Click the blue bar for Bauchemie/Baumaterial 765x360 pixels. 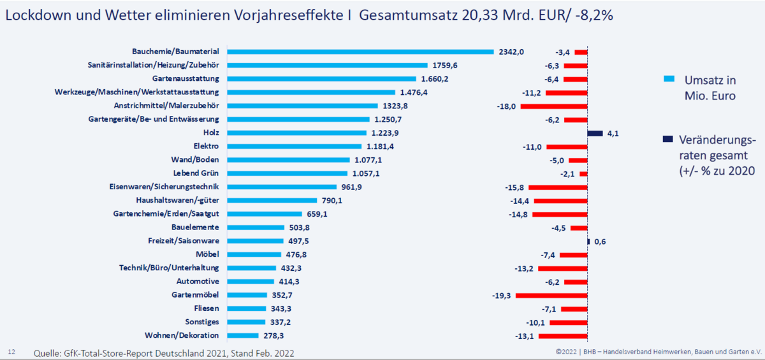(x=360, y=52)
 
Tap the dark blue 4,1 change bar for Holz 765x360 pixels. (x=595, y=133)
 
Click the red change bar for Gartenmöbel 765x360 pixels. (x=551, y=296)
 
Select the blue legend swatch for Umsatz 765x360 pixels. (x=669, y=80)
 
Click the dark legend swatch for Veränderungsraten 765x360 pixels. (x=669, y=139)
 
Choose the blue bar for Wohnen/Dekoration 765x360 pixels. (x=242, y=336)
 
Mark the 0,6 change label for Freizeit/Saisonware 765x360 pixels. (x=600, y=241)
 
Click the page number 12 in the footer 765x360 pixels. (x=11, y=351)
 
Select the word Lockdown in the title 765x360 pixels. (x=35, y=15)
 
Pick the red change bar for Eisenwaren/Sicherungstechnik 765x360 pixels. (x=558, y=187)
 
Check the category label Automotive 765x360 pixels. (x=198, y=282)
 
